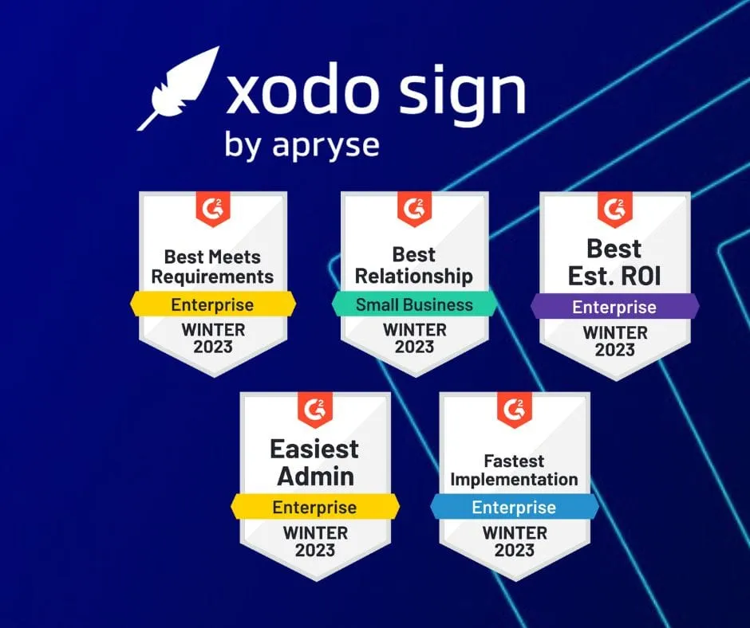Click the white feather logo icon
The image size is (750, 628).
click(177, 88)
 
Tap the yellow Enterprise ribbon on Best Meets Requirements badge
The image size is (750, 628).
click(212, 304)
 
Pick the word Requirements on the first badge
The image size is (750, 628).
click(212, 277)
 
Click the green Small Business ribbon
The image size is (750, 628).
click(414, 304)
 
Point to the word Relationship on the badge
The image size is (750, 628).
click(414, 276)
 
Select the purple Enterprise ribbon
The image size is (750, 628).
click(614, 306)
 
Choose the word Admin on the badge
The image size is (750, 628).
click(315, 476)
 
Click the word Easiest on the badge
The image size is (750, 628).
click(314, 449)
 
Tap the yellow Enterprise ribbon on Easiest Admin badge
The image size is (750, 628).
click(314, 507)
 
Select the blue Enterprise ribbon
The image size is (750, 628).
click(514, 507)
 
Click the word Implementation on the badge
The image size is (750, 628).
click(514, 480)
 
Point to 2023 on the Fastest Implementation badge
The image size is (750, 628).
click(514, 550)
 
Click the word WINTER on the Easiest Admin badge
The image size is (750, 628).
click(314, 532)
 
